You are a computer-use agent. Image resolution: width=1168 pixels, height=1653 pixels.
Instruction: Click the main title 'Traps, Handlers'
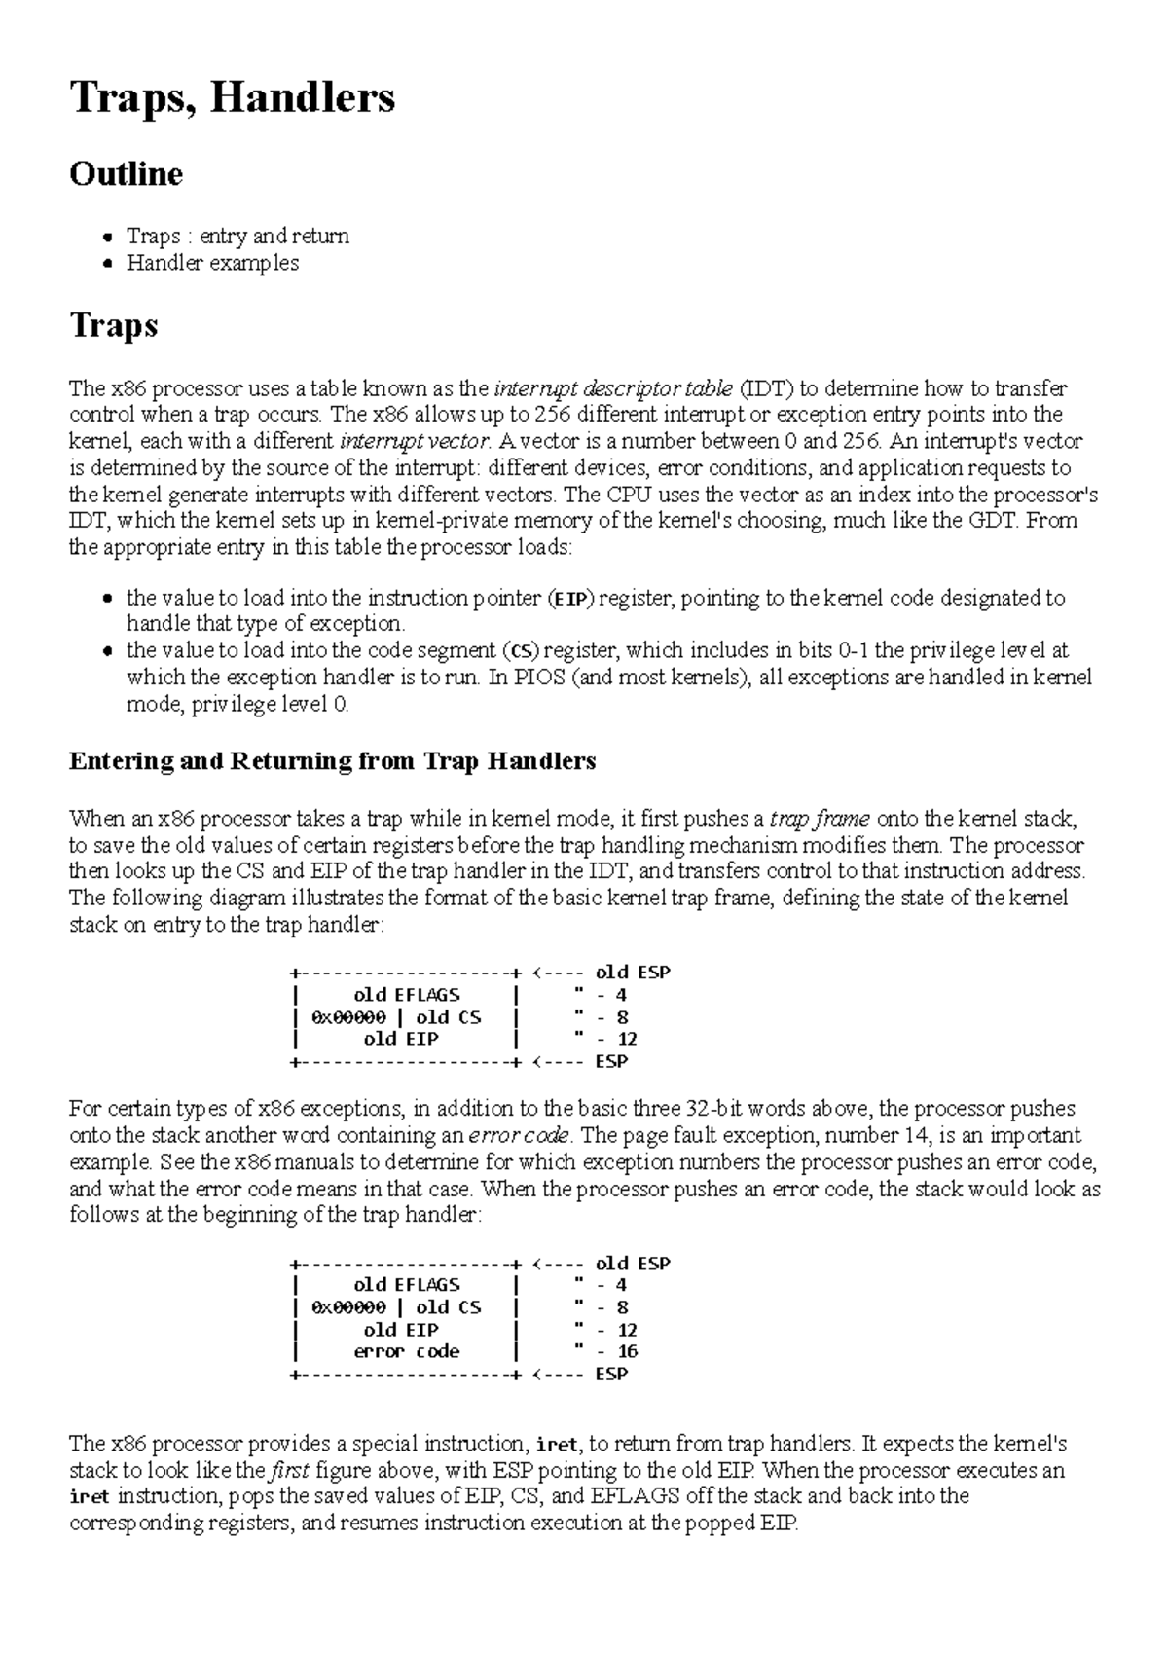232,98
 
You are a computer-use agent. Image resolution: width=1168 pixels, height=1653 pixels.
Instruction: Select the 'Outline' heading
126,174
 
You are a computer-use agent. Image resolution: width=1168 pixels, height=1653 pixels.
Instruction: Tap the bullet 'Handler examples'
212,263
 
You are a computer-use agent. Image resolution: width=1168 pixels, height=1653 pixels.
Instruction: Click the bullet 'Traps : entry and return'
237,236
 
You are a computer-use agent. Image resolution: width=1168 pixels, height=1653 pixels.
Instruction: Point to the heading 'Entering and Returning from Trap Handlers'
332,761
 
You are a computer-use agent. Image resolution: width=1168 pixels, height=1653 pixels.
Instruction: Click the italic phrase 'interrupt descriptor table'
612,389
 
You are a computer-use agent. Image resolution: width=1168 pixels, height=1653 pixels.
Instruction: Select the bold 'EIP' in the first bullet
570,599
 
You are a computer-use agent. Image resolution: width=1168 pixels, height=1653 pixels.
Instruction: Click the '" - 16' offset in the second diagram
606,1351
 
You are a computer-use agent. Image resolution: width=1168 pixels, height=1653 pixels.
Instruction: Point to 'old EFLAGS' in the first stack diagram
406,995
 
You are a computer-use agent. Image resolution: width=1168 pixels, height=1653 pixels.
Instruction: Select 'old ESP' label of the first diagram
633,973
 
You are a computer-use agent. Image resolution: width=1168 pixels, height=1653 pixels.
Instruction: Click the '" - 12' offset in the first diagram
606,1039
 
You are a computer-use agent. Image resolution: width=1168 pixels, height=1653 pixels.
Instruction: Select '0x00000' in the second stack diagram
348,1307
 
